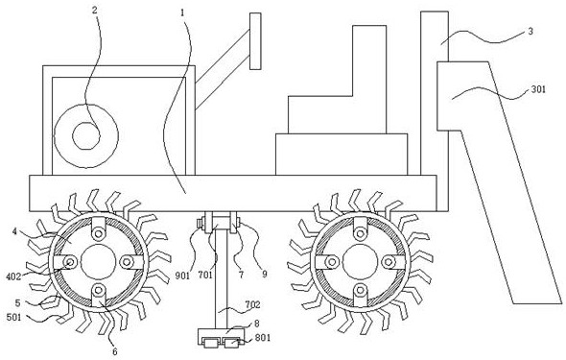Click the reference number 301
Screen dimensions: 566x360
(x=538, y=89)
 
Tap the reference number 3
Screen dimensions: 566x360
(x=531, y=32)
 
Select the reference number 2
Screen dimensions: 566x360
(x=95, y=11)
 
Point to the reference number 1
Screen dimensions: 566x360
(x=182, y=13)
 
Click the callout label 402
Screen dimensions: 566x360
(x=13, y=276)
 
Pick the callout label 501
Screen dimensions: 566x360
(x=14, y=318)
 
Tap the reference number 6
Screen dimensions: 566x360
(x=115, y=351)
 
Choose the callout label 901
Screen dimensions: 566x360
(x=182, y=276)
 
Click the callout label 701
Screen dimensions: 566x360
(x=205, y=276)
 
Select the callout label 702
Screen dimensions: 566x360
(x=252, y=304)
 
